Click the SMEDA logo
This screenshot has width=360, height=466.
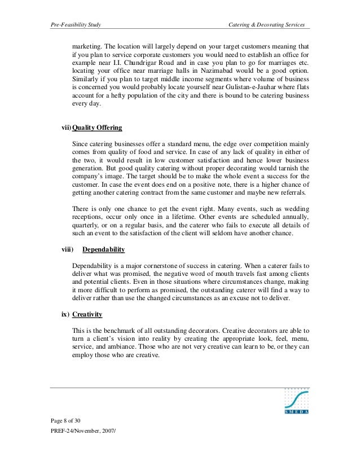294,403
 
